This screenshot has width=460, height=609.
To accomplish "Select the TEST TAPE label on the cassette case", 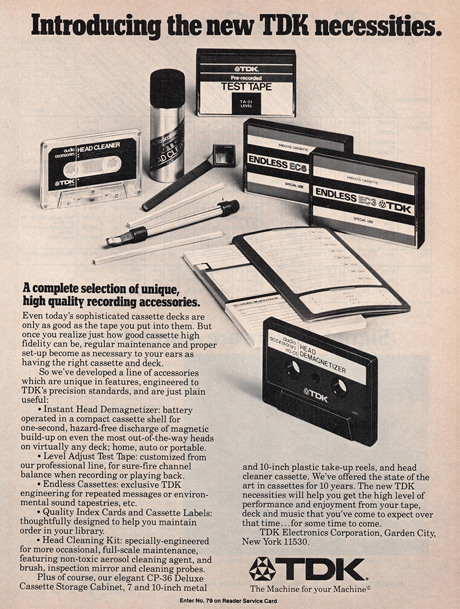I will point(246,87).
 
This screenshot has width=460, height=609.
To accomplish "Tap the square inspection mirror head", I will point(224,154).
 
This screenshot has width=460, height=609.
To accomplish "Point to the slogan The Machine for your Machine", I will point(309,588).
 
